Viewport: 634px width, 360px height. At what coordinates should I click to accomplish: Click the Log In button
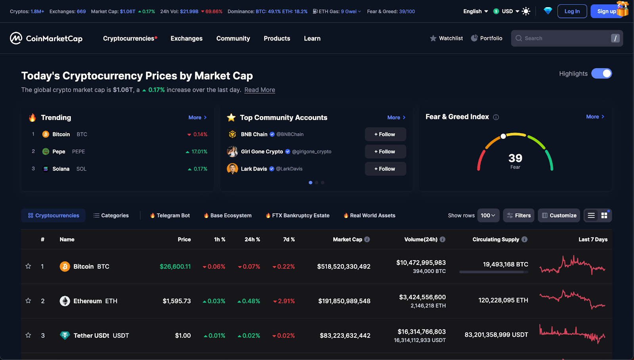pos(572,11)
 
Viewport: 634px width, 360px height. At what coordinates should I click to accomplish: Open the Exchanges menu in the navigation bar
pos(186,38)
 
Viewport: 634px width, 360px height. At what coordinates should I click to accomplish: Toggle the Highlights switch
pos(602,74)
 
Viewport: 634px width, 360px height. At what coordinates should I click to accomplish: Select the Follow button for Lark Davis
pos(385,169)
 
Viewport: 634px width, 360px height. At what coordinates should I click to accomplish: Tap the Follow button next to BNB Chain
pos(385,134)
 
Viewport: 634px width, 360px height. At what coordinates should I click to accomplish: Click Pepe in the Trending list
pos(59,151)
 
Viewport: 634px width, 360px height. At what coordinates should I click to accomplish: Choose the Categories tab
pos(111,216)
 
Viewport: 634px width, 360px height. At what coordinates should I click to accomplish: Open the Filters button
pos(519,216)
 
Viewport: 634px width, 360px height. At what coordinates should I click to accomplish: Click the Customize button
pos(559,216)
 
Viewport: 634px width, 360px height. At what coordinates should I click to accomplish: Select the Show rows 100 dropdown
pos(488,216)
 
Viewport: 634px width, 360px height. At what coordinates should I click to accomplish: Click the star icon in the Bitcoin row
pos(28,266)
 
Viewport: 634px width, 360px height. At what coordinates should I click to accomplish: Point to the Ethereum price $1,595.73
pos(177,301)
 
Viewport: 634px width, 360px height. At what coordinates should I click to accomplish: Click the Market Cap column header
pos(348,239)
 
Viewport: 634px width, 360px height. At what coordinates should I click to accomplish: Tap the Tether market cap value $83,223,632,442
pos(345,336)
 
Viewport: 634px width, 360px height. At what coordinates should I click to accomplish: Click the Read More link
pos(260,90)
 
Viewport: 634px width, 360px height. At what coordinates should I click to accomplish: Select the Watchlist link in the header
pos(447,38)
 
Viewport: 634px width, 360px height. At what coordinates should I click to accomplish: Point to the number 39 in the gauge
pos(515,158)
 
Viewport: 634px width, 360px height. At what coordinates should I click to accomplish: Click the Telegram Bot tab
pos(170,216)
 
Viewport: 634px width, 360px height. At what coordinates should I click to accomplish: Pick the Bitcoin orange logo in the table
pos(65,266)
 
